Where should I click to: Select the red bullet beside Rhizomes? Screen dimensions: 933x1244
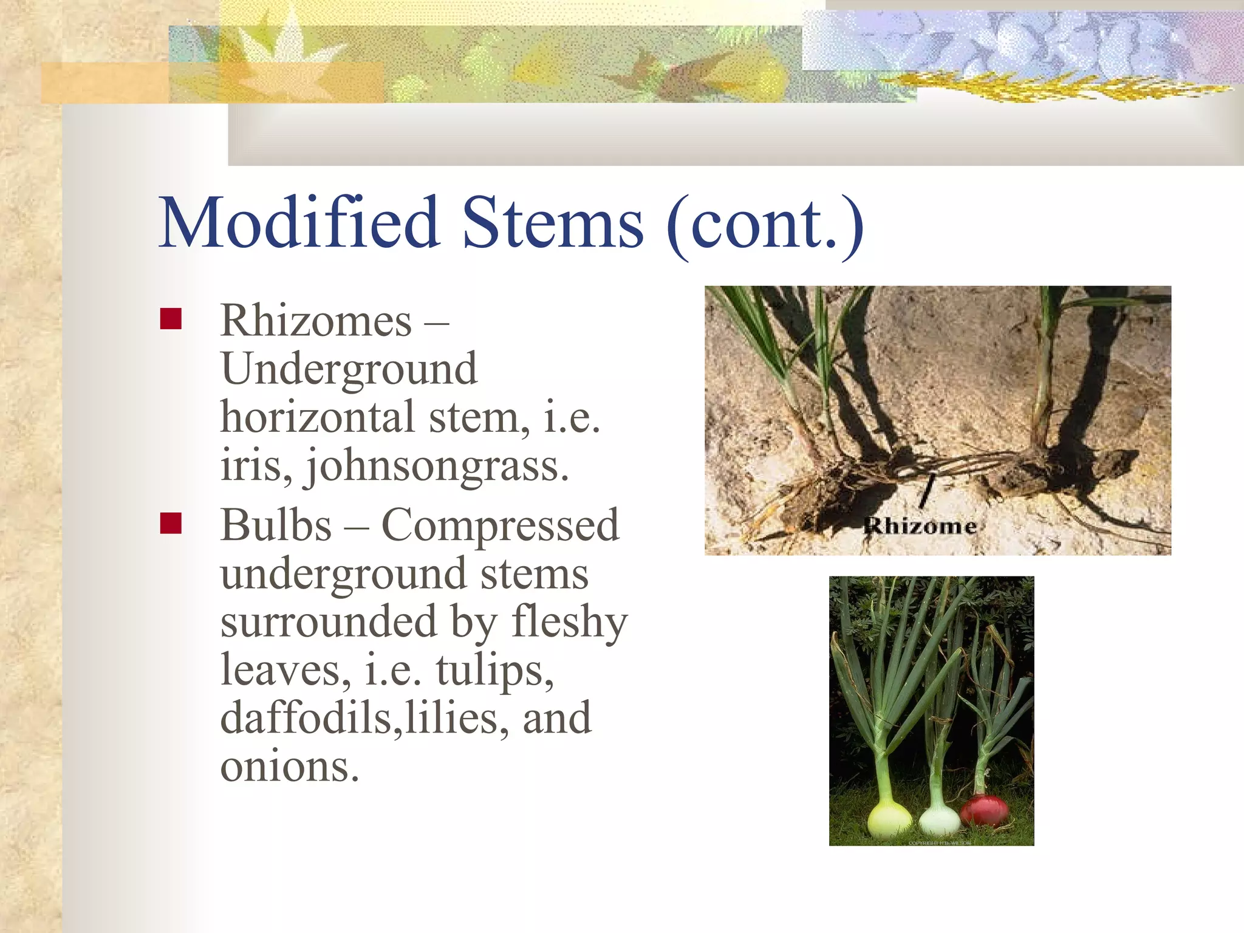coord(171,319)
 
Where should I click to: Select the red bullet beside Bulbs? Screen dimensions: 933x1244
coord(171,523)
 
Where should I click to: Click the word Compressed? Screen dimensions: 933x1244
coord(500,526)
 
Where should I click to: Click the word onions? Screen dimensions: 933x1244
coord(289,767)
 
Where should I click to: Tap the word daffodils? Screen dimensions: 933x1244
coord(306,718)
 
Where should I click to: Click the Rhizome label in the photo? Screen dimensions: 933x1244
coord(920,525)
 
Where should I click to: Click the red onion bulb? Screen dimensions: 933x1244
coord(985,810)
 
